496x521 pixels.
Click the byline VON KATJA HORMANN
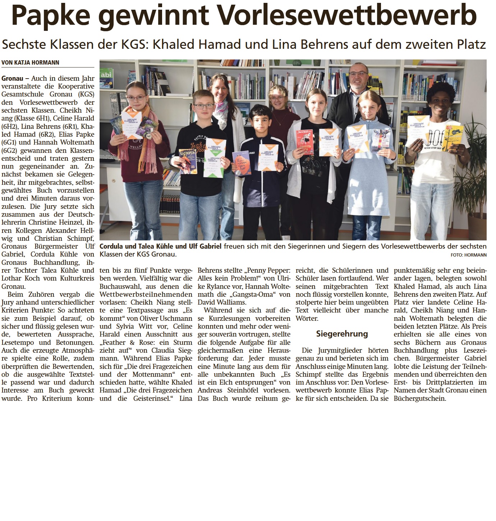pos(30,62)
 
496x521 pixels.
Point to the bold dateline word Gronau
pos(12,78)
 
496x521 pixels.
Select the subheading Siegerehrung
pos(342,334)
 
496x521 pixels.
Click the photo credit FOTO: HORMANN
pos(468,255)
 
